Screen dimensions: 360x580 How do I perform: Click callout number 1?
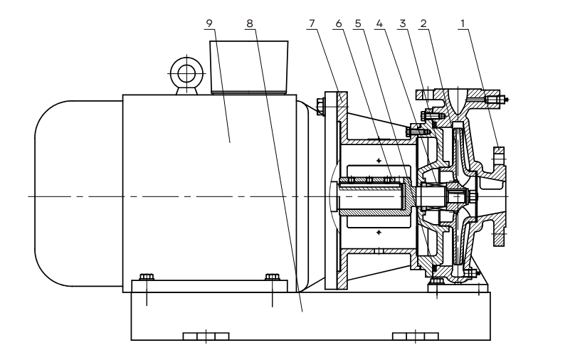[x=465, y=23]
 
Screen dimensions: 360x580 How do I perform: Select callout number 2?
[x=424, y=23]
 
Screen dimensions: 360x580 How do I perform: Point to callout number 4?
[x=379, y=23]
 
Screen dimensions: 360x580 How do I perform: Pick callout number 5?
[x=358, y=23]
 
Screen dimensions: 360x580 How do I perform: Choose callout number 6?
[x=338, y=23]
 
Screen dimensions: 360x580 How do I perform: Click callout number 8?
[x=248, y=23]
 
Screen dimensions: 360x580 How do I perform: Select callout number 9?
[x=209, y=23]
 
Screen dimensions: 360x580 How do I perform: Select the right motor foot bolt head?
[x=273, y=277]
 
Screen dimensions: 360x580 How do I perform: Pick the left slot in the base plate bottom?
[x=206, y=336]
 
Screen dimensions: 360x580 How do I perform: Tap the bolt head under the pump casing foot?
[x=436, y=283]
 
